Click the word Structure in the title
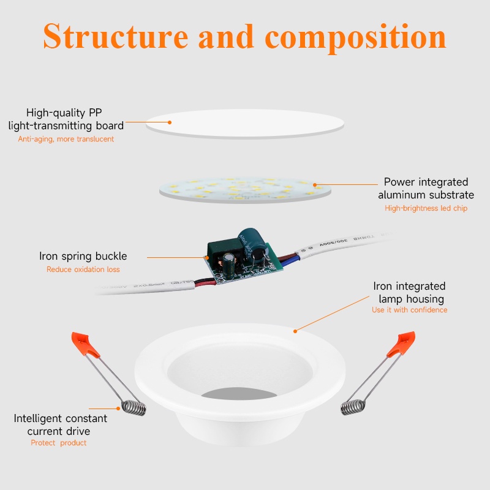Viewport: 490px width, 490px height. coord(116,37)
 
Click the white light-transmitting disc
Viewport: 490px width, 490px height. coord(245,124)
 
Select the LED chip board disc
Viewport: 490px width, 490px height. coord(245,190)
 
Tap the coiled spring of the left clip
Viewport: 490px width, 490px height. coord(134,408)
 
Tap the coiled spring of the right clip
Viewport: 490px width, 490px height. coord(353,407)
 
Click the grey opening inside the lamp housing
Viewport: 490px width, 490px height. coord(239,394)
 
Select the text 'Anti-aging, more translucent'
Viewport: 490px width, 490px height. coord(66,139)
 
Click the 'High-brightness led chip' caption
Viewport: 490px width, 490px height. coord(426,208)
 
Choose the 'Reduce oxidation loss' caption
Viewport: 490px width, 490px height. coord(83,269)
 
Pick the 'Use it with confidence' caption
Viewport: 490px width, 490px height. coord(409,310)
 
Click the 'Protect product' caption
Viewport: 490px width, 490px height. coord(58,443)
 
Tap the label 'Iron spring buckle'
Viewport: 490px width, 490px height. coord(83,256)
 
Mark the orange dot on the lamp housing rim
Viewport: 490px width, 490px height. coord(295,331)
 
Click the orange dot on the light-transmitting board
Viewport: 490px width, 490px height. coord(170,123)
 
